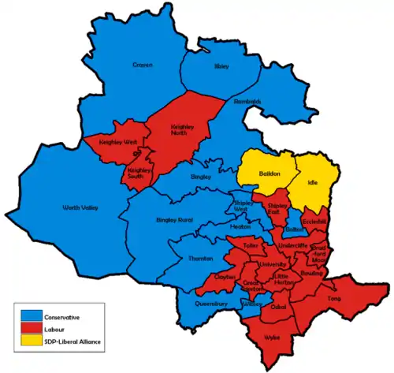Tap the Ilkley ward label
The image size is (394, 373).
click(x=221, y=68)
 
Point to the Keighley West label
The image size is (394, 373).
click(x=117, y=143)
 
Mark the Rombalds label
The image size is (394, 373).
click(x=247, y=102)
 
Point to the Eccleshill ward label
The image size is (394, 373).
click(x=314, y=211)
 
